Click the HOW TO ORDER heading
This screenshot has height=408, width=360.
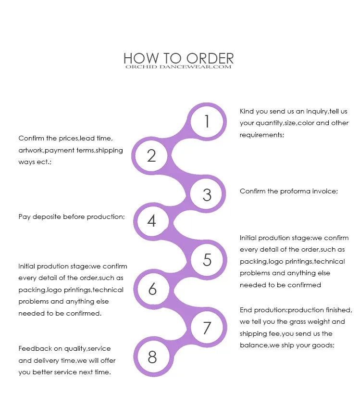click(x=178, y=58)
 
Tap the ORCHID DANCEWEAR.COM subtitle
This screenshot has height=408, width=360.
click(x=178, y=67)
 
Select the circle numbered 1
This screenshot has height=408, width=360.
click(x=207, y=121)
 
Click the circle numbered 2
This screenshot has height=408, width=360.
click(x=152, y=155)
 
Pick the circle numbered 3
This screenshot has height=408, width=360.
click(x=207, y=194)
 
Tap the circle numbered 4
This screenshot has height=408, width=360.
click(x=152, y=221)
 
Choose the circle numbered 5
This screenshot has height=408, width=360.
click(x=207, y=260)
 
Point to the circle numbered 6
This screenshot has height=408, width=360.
click(x=152, y=289)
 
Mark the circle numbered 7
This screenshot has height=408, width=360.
click(x=207, y=328)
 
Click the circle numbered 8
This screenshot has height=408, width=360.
click(x=152, y=357)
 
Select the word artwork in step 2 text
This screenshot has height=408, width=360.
click(x=31, y=151)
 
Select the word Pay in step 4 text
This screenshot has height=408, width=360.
click(x=24, y=217)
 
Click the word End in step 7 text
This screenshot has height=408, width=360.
click(x=246, y=310)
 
